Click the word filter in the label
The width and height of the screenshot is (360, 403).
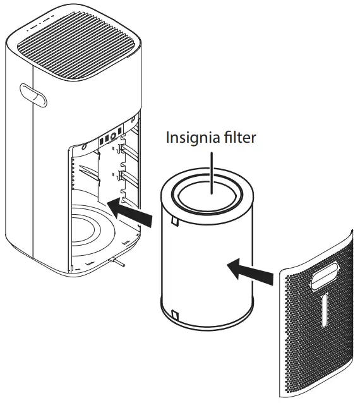pyautogui.click(x=239, y=137)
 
